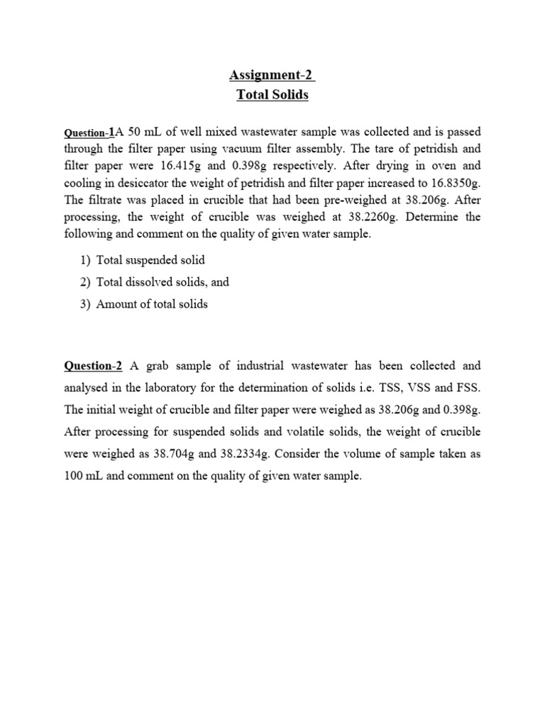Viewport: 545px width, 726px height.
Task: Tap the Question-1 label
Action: (x=89, y=133)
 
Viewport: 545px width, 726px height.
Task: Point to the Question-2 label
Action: (x=93, y=366)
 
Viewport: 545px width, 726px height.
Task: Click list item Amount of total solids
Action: (x=152, y=304)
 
